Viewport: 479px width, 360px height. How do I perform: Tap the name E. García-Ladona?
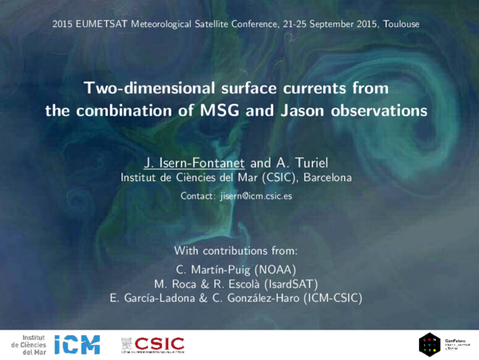[163, 299]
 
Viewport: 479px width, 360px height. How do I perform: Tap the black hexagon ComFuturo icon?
[430, 344]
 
